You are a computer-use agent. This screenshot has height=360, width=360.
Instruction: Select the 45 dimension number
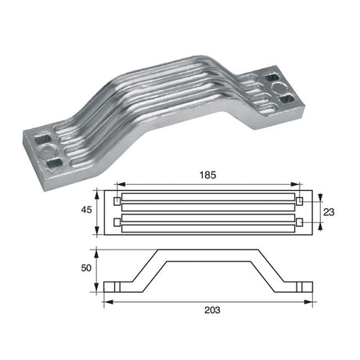point(88,209)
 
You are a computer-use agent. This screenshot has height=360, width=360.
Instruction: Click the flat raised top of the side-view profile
point(209,253)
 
